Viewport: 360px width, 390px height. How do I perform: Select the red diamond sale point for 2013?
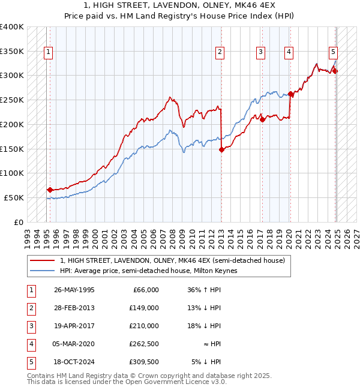pos(221,149)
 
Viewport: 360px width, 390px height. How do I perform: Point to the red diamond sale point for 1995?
pos(50,190)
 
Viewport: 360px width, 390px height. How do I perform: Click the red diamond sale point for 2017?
pos(262,119)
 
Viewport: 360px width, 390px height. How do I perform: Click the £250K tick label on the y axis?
pos(12,100)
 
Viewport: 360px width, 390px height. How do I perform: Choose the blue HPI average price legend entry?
pos(148,271)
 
